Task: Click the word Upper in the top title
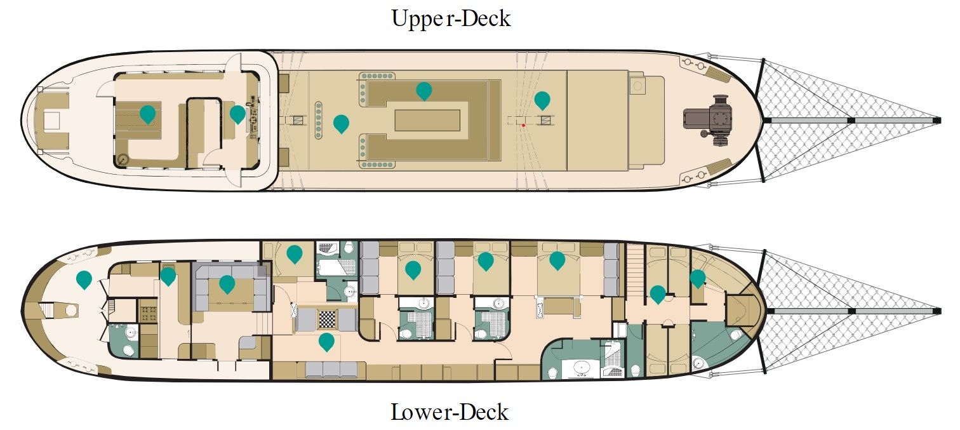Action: coord(418,19)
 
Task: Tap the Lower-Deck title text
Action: coord(450,412)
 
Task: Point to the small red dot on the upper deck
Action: coord(523,125)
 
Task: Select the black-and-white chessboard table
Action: coord(327,319)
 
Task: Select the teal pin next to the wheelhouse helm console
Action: coord(237,114)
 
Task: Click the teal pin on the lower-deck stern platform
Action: coord(84,279)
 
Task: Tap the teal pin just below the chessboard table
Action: coord(326,342)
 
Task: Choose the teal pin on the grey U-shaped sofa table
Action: coord(227,284)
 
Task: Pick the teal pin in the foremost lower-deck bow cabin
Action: coord(697,278)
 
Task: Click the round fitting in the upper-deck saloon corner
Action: coord(123,159)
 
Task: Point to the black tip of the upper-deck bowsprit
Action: coord(938,121)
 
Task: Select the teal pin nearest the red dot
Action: coord(542,100)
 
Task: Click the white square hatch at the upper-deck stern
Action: coord(53,120)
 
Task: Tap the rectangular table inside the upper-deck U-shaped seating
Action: coord(427,120)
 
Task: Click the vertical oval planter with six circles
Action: coord(319,121)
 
